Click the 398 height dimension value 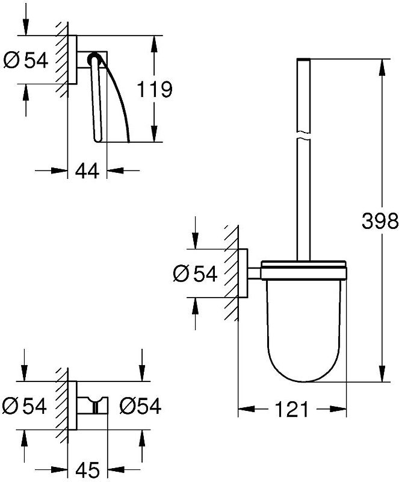pos(380,221)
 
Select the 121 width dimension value pos(291,409)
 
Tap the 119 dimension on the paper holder pos(154,89)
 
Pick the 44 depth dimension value pos(87,171)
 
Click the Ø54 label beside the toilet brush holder pos(196,274)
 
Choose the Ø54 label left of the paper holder pos(26,60)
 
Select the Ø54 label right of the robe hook pos(140,405)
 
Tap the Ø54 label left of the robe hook pos(25,405)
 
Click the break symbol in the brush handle pos(303,136)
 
